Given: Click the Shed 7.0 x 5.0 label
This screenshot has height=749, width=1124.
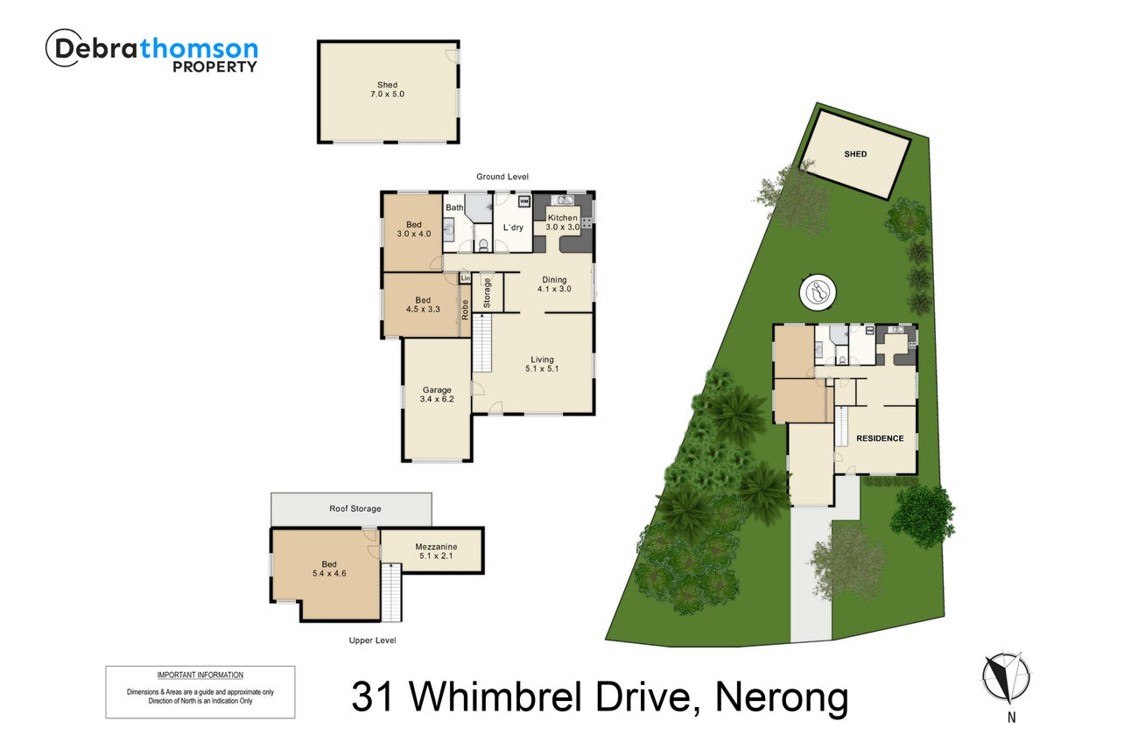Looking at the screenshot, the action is [x=387, y=89].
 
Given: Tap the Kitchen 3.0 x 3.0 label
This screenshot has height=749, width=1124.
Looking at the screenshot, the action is [x=563, y=222].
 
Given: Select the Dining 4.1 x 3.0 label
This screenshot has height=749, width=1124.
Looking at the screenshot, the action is [x=554, y=284].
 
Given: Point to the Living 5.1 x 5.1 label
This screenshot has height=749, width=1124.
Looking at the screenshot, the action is [x=542, y=364].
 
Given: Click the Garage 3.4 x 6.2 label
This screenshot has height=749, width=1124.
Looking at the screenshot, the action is [x=437, y=395].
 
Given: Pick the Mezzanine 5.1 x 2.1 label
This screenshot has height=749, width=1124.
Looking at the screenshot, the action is [x=436, y=551].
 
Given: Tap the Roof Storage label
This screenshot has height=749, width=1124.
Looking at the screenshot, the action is [x=355, y=508].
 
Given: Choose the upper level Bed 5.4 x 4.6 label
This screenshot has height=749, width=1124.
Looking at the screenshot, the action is [x=329, y=569].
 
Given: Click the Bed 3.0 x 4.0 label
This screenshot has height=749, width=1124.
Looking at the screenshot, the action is [x=413, y=228].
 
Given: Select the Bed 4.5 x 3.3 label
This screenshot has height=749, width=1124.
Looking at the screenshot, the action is [x=423, y=304].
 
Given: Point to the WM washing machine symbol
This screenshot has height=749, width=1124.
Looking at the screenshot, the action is [x=523, y=201].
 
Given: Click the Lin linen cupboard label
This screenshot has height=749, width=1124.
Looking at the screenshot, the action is [x=465, y=277].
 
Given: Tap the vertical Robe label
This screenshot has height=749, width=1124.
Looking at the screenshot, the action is [x=465, y=310].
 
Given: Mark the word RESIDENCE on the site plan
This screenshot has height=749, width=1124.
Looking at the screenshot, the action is [x=880, y=438].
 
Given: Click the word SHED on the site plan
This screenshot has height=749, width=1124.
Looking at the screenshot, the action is [x=855, y=154].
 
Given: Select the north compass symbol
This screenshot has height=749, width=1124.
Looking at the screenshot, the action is [x=1007, y=678].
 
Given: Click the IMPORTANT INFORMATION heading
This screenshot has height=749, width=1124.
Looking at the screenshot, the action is [x=200, y=675].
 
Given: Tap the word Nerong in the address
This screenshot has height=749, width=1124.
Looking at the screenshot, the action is [x=782, y=696].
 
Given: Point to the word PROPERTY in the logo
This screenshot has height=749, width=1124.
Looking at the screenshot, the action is [x=214, y=66].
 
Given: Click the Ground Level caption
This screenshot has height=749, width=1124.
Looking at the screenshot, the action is [x=502, y=177].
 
